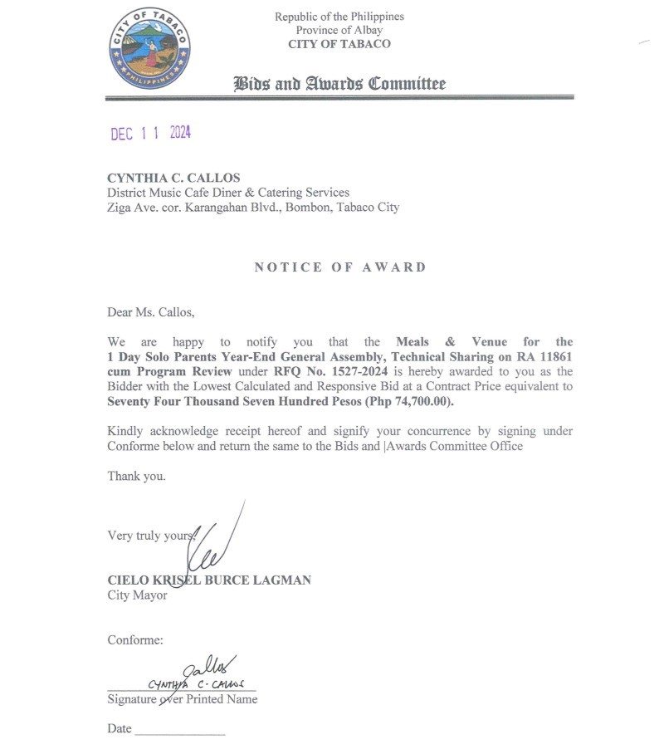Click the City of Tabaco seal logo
coord(150,48)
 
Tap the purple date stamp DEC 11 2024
coord(150,134)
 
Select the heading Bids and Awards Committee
coord(339,83)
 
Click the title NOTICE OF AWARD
coord(340,267)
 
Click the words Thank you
coord(136,476)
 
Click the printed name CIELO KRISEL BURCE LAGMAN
coord(209,580)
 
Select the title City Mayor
coord(137,595)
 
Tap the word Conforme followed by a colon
coord(135,639)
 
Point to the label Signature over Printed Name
coord(182,699)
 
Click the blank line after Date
coord(179,732)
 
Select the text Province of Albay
coord(339,30)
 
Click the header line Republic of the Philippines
coord(339,17)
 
